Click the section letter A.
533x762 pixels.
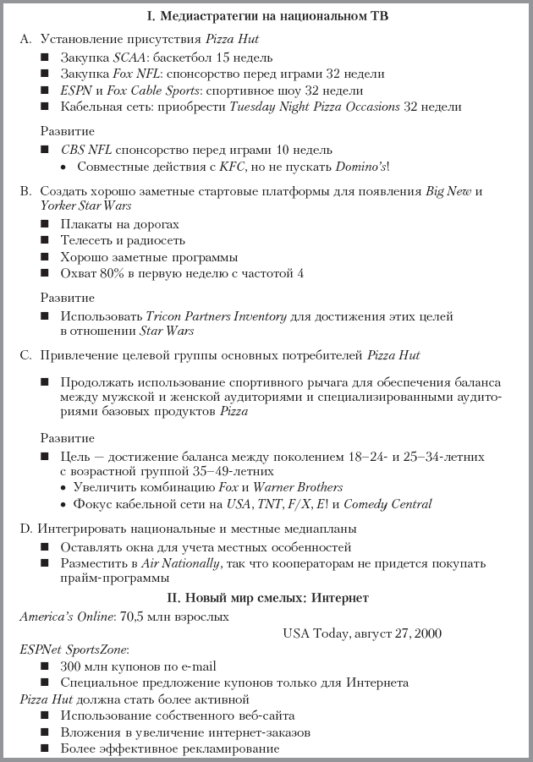pyautogui.click(x=25, y=39)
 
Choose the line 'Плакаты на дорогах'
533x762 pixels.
pyautogui.click(x=119, y=225)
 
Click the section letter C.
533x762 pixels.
pyautogui.click(x=25, y=355)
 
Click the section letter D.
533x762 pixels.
pyautogui.click(x=25, y=529)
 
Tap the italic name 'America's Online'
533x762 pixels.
pyautogui.click(x=69, y=617)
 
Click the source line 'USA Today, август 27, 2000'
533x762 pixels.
pyautogui.click(x=362, y=633)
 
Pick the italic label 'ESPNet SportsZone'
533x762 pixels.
pyautogui.click(x=74, y=650)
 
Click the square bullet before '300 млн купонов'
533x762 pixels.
pyautogui.click(x=45, y=666)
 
